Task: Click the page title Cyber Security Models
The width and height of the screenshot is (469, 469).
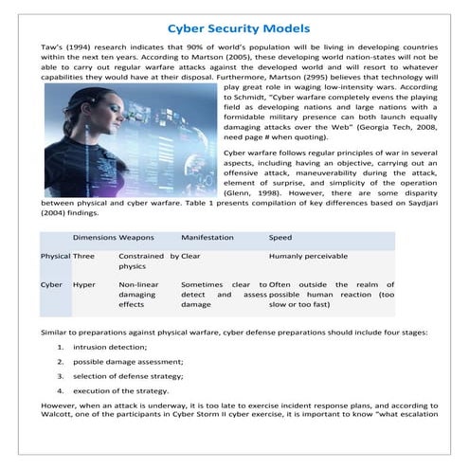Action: [x=234, y=28]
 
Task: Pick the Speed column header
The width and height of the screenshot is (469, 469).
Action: [x=280, y=236]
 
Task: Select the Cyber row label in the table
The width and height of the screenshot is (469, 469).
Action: [x=51, y=284]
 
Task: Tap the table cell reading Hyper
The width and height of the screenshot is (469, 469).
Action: [x=84, y=284]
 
